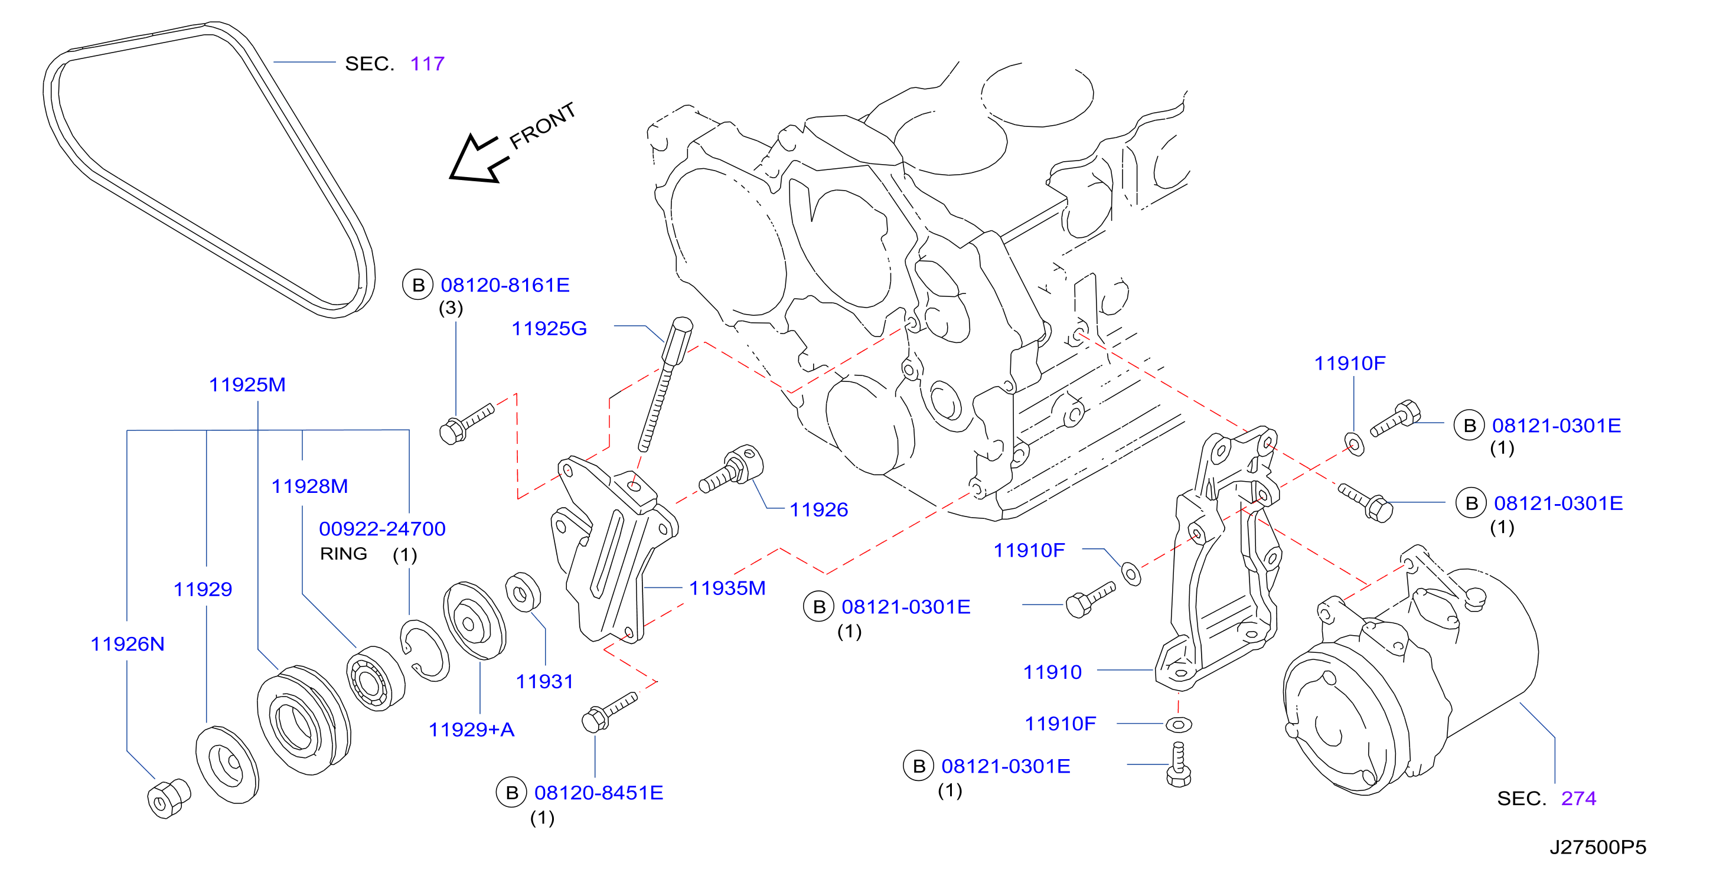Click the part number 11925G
click(549, 328)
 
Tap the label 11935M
click(727, 588)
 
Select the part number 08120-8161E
click(505, 285)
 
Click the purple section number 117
click(428, 64)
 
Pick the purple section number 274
click(1578, 798)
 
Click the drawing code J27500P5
click(1598, 847)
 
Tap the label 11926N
click(128, 643)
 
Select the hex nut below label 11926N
click(168, 798)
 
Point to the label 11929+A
click(472, 730)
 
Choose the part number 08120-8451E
click(598, 792)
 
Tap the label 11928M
click(309, 486)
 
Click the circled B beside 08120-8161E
click(418, 285)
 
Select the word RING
click(344, 554)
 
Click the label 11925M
click(247, 384)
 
